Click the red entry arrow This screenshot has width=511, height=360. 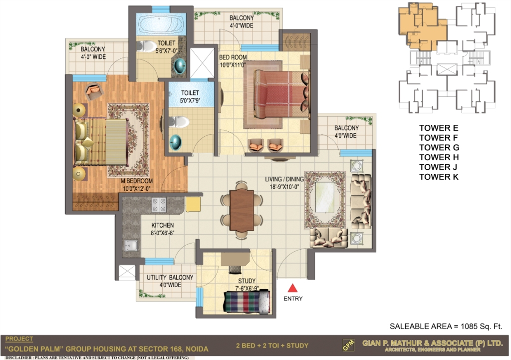(x=292, y=288)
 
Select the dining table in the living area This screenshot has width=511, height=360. (x=242, y=210)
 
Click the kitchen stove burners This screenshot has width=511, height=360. (x=159, y=205)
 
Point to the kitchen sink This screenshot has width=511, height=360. (x=131, y=245)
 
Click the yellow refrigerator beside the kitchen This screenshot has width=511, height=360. (x=193, y=204)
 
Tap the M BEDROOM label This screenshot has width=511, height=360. (x=137, y=181)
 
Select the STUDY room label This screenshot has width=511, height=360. (x=247, y=281)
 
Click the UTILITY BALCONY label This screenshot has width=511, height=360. (x=170, y=277)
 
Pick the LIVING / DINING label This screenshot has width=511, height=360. (x=284, y=179)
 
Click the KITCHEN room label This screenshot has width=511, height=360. (x=162, y=225)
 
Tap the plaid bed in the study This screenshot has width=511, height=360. (x=247, y=302)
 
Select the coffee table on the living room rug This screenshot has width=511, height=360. (x=325, y=199)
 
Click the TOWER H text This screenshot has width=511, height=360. (x=439, y=157)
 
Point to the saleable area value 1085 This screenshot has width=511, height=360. (x=469, y=326)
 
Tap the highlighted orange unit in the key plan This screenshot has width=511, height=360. (x=422, y=26)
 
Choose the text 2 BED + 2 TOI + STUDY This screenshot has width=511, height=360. (x=272, y=346)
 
